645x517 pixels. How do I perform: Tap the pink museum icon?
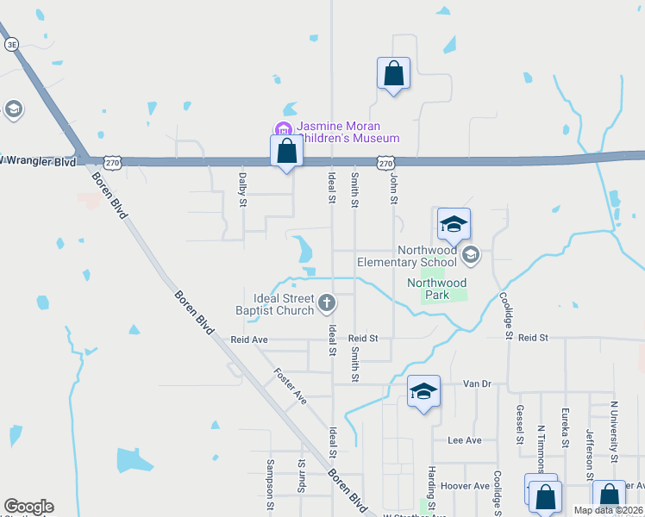click(282, 131)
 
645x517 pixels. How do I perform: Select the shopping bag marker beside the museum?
click(287, 153)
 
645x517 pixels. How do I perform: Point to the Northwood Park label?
click(437, 289)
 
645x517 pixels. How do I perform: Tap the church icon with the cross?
click(326, 302)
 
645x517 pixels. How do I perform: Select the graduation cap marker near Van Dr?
click(423, 391)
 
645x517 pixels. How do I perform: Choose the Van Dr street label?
click(476, 383)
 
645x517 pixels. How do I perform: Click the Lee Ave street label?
click(465, 440)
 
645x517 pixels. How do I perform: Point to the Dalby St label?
click(242, 190)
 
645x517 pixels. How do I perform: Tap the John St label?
click(393, 189)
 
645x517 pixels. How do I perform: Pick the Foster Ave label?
click(290, 386)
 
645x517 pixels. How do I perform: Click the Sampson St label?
click(270, 478)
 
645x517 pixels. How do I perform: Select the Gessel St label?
click(520, 425)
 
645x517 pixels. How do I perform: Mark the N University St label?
click(614, 429)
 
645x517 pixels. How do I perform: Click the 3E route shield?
click(11, 43)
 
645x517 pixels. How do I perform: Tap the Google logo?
click(28, 507)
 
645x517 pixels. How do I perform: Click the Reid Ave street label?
click(249, 340)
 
